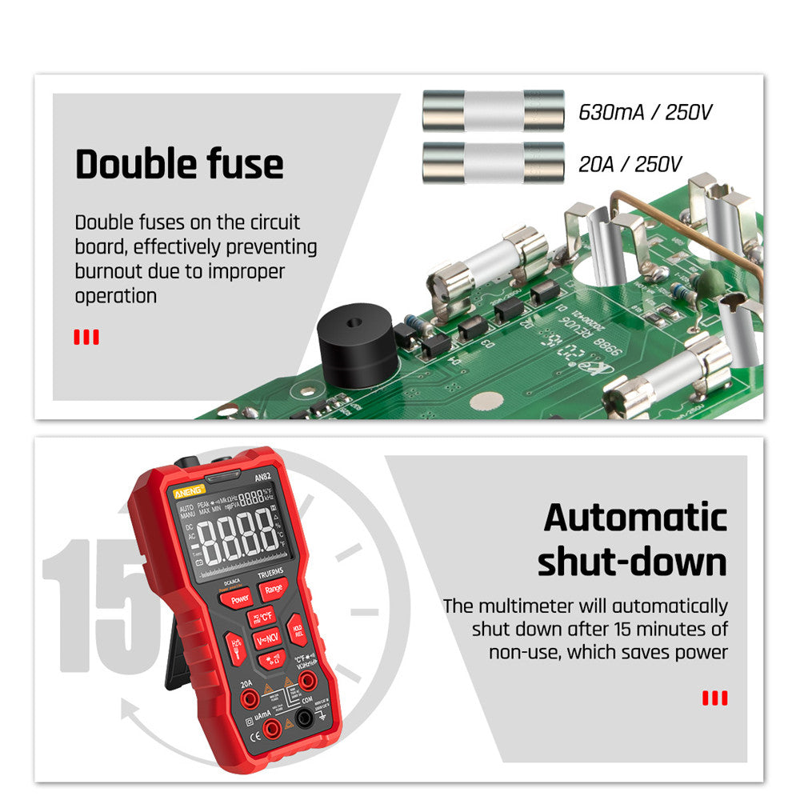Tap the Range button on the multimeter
(x=273, y=589)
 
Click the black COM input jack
(x=304, y=718)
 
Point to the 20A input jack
(x=249, y=698)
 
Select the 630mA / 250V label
(x=645, y=112)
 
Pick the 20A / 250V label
(x=630, y=165)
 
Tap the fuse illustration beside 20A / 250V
(x=493, y=162)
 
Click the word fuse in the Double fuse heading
(x=238, y=164)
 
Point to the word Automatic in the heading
(x=635, y=518)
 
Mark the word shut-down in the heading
(x=632, y=562)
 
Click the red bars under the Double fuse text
(x=86, y=337)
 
